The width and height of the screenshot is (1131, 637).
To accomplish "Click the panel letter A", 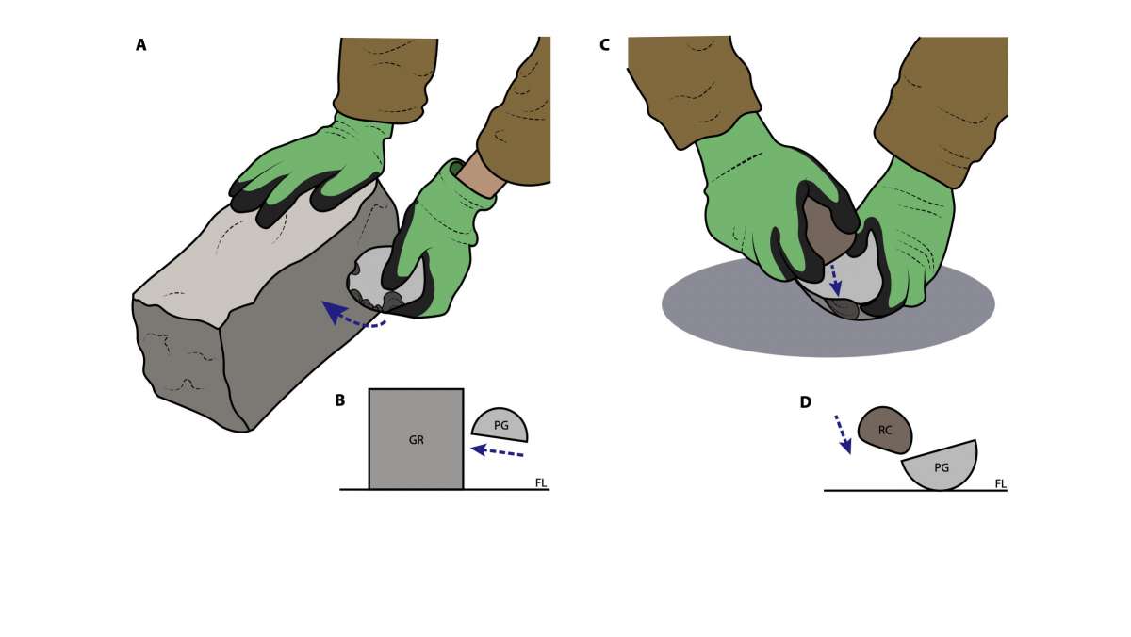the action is (x=140, y=45).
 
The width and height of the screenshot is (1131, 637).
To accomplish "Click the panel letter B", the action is (x=340, y=400).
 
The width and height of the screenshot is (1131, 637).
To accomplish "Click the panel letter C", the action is (x=604, y=45).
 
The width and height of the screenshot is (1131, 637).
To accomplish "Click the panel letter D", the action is (x=805, y=402).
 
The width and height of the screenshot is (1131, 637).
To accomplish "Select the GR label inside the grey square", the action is (x=416, y=440).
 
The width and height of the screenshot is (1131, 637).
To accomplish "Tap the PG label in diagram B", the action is (x=500, y=426).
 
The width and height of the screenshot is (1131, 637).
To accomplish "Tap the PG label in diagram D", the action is (x=942, y=468).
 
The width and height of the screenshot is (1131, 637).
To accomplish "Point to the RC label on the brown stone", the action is (x=885, y=430).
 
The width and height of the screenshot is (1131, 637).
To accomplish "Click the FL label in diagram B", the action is (x=541, y=483).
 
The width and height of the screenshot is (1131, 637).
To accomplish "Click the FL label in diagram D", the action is (x=1000, y=484).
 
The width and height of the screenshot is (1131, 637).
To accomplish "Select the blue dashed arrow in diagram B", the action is (x=497, y=451).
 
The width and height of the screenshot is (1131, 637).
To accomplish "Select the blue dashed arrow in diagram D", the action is (x=844, y=434).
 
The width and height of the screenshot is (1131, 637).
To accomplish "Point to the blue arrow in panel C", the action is (x=835, y=279).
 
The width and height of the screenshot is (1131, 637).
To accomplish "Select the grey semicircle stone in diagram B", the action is (x=500, y=426).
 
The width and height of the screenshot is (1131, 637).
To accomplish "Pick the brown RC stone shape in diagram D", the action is (x=885, y=430).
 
